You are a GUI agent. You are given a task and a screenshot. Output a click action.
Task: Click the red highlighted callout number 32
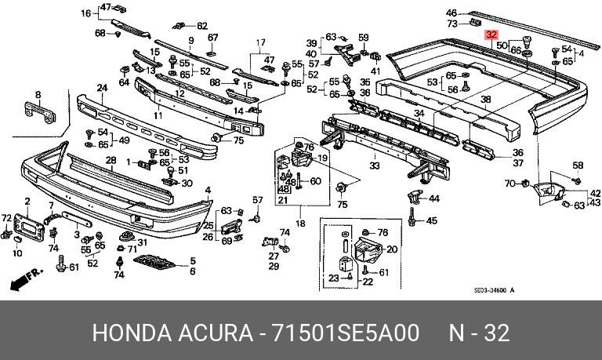[x=491, y=35]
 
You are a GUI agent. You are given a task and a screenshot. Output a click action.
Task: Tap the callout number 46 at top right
[x=451, y=13]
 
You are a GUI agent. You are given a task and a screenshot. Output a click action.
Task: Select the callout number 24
[x=102, y=87]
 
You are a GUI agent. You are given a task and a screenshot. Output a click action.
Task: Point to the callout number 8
[x=38, y=94]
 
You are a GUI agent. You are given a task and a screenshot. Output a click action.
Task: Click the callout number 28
[x=111, y=161]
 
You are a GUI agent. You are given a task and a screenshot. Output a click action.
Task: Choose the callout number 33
[x=374, y=166]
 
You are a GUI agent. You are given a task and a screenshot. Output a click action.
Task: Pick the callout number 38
[x=485, y=100]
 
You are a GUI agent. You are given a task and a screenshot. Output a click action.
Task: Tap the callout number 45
[x=431, y=221]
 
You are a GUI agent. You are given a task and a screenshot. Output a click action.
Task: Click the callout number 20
[x=392, y=249]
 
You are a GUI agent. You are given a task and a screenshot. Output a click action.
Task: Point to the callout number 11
[x=158, y=115]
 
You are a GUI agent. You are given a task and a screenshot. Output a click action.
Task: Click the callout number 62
[x=202, y=26]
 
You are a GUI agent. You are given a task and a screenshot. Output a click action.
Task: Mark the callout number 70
[x=509, y=184]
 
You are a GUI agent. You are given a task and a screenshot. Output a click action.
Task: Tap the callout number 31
[x=142, y=242]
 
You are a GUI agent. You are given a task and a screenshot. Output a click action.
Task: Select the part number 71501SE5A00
[x=344, y=332]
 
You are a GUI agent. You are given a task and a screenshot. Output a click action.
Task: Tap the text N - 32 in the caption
[x=478, y=332]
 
